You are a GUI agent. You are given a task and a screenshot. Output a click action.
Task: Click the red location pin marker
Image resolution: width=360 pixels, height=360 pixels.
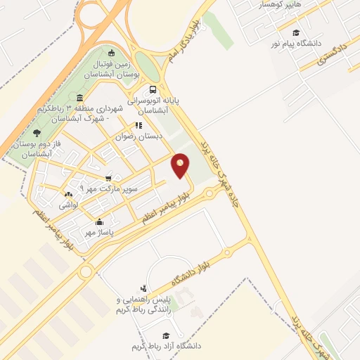point(181,165)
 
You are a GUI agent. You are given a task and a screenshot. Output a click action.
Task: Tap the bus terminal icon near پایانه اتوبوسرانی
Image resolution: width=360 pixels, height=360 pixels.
point(153,89)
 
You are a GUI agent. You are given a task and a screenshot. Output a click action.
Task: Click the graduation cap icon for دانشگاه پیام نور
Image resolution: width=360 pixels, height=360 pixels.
point(296,33)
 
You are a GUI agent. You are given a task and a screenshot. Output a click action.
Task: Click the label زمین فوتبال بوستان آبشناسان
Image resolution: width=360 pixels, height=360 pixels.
point(112,68)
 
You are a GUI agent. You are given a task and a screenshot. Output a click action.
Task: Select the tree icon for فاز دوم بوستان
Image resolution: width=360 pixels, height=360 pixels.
point(37,132)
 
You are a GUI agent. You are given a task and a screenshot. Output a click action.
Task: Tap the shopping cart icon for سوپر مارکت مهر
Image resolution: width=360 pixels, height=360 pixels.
point(108,179)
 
